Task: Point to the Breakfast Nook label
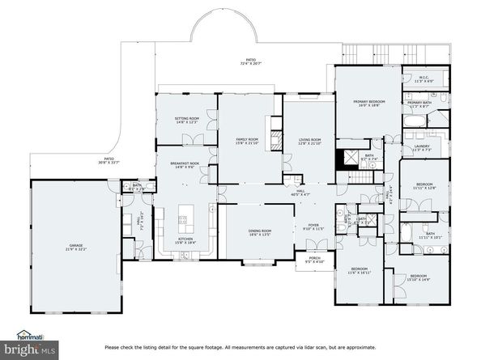(185, 165)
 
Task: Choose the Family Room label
(246, 141)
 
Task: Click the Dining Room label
(260, 232)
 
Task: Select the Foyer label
(313, 227)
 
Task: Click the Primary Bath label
(419, 104)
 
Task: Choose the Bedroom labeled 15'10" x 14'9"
(420, 277)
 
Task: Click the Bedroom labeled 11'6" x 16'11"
(360, 271)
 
